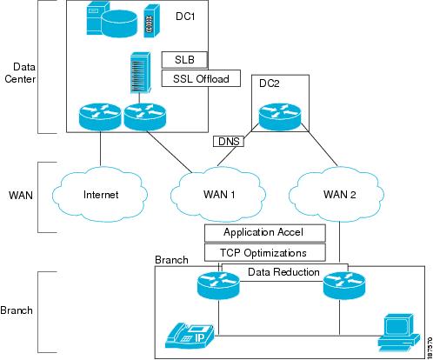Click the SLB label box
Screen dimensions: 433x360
coord(184,60)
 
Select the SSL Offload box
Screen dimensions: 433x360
coord(201,78)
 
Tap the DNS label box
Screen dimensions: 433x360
coord(229,142)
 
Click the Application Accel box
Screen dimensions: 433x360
coord(265,233)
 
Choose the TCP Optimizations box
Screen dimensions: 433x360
coord(265,252)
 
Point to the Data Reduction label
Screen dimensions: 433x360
coord(283,272)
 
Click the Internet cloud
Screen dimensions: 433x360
coord(100,194)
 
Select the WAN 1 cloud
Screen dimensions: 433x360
coord(218,194)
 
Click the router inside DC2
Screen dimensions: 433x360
coord(280,117)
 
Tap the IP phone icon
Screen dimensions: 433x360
coord(190,336)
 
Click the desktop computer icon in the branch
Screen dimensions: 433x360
coord(399,332)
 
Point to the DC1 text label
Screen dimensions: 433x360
coord(185,17)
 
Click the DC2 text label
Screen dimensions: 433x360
coord(270,83)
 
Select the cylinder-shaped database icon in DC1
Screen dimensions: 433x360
coord(119,23)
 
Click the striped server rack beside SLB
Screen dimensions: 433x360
coord(141,73)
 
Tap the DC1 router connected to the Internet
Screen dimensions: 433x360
coord(100,117)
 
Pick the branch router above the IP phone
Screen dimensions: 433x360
coord(218,285)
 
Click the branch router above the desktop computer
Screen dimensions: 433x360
coord(344,285)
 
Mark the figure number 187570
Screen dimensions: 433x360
coord(430,348)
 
